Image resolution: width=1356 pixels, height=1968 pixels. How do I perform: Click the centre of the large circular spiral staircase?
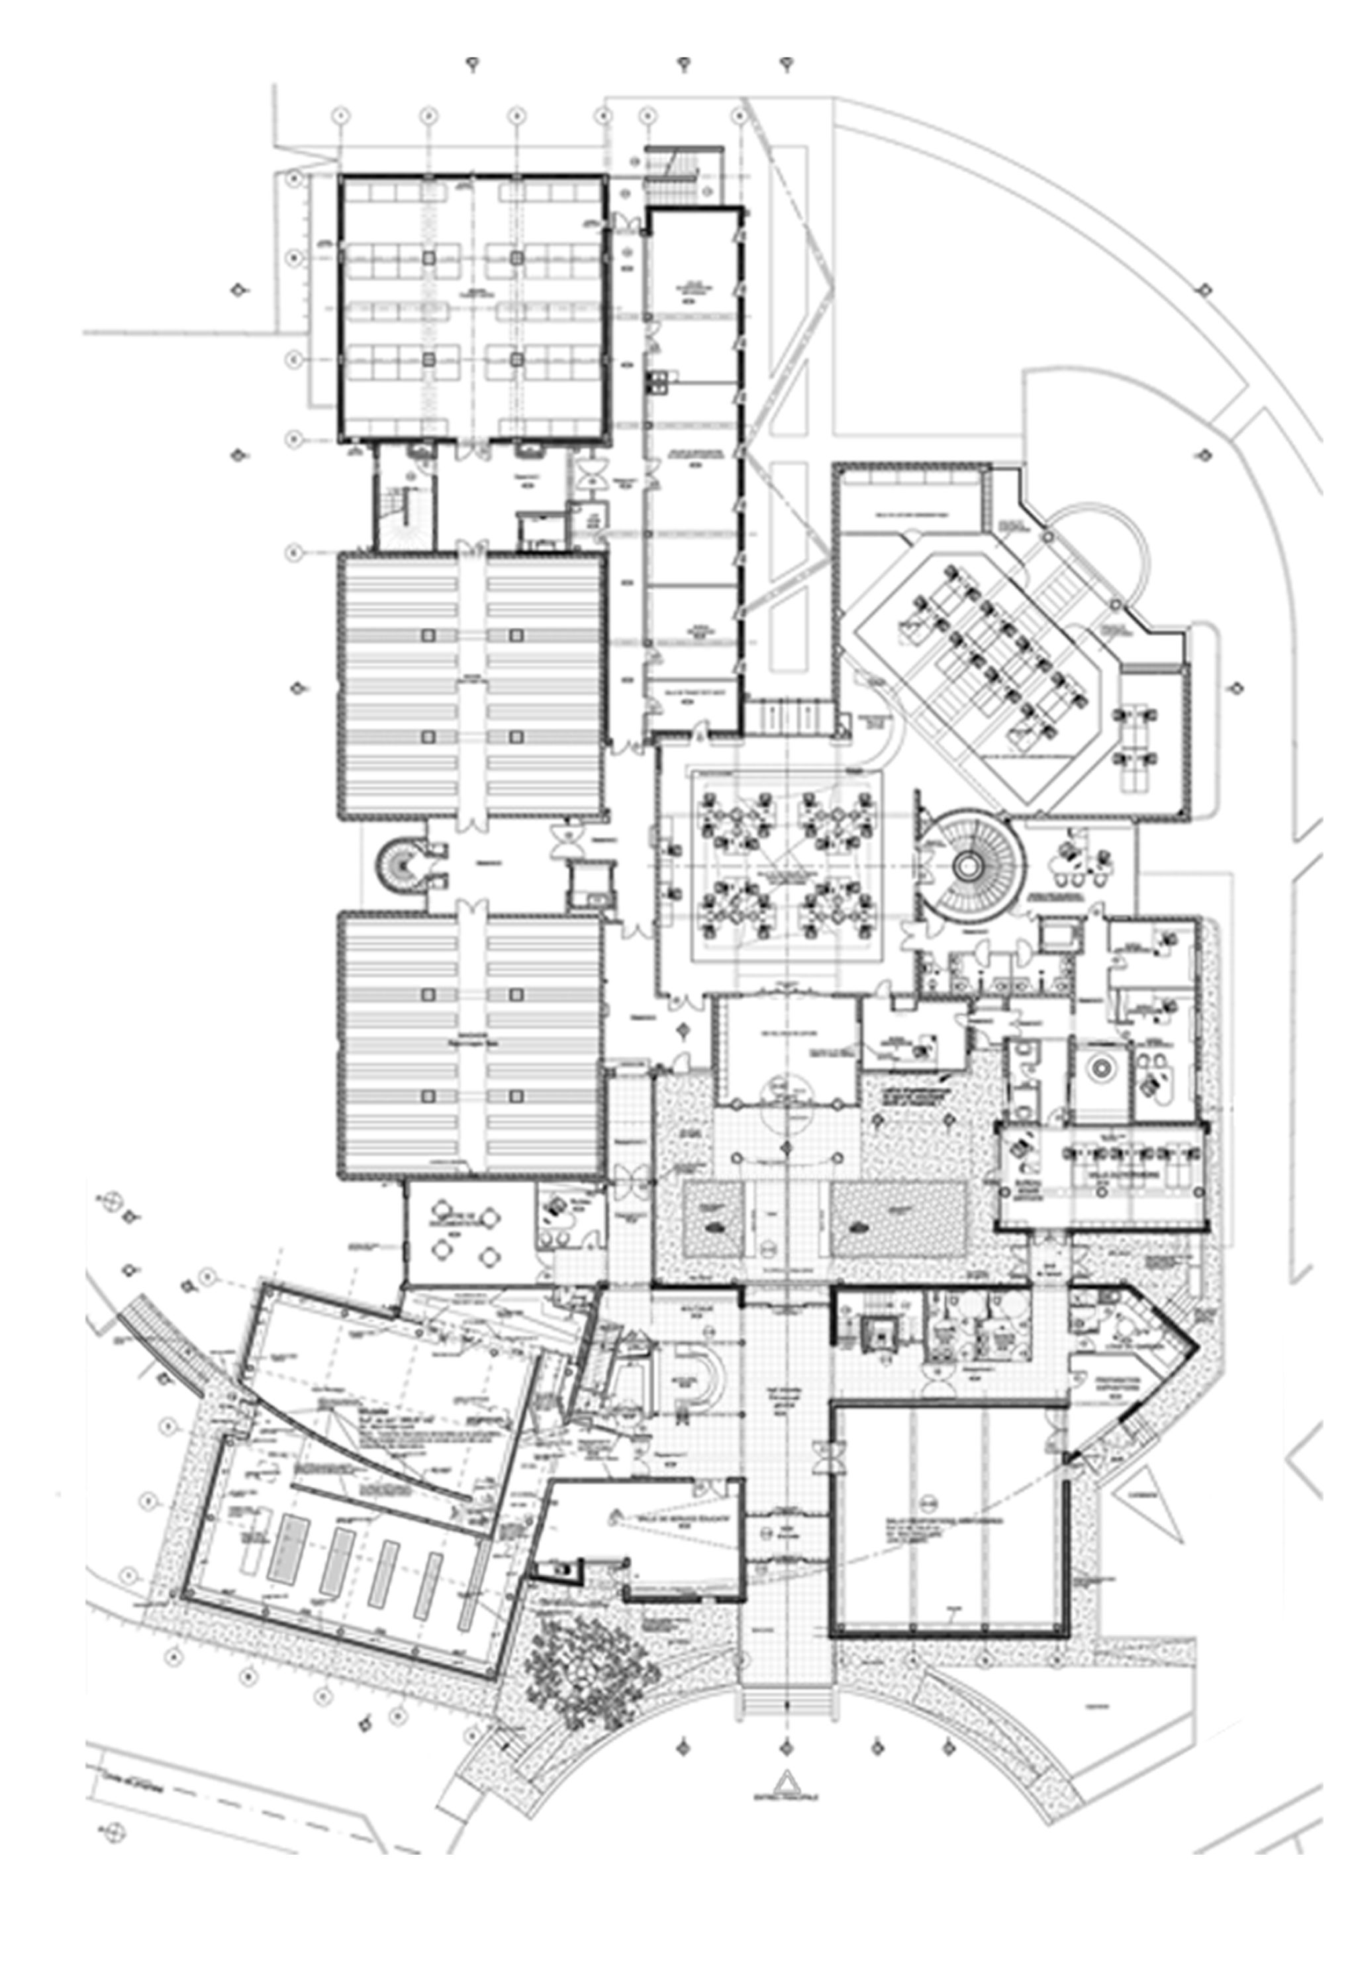(x=967, y=864)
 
